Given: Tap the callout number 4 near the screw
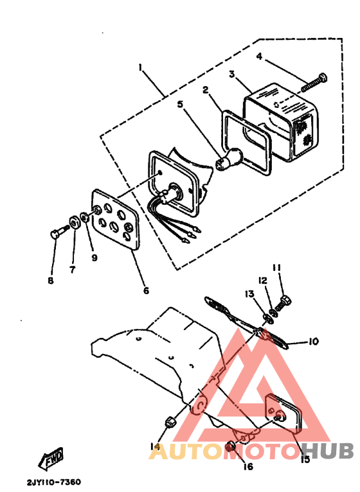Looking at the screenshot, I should point(259,57).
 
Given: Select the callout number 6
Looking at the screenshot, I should point(146,291).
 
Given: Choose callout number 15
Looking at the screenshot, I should point(305,459).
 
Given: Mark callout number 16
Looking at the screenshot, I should point(248,466).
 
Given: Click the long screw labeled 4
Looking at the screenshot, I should point(313,82).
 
